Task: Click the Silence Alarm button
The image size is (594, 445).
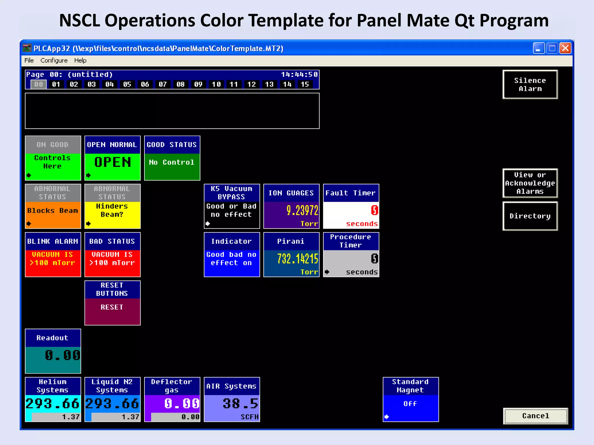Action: tap(530, 85)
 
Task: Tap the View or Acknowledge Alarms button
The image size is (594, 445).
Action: tap(530, 183)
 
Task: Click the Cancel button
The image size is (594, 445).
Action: tap(535, 416)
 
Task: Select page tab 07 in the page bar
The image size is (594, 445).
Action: tap(163, 84)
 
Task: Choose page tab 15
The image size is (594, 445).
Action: tap(305, 84)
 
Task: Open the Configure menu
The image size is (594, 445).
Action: tap(54, 60)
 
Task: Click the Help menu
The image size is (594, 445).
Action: tap(80, 60)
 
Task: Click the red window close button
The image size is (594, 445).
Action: tap(565, 48)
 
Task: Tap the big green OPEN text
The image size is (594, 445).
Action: tap(113, 162)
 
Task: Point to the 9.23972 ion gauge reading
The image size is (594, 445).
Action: tap(302, 210)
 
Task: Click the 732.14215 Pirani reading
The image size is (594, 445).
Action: tap(298, 259)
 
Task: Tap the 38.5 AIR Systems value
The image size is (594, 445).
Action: tap(240, 404)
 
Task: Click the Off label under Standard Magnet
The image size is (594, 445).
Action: tap(410, 404)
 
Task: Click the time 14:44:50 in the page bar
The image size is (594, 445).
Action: tap(299, 74)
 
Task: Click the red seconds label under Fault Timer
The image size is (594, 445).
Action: tap(362, 224)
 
